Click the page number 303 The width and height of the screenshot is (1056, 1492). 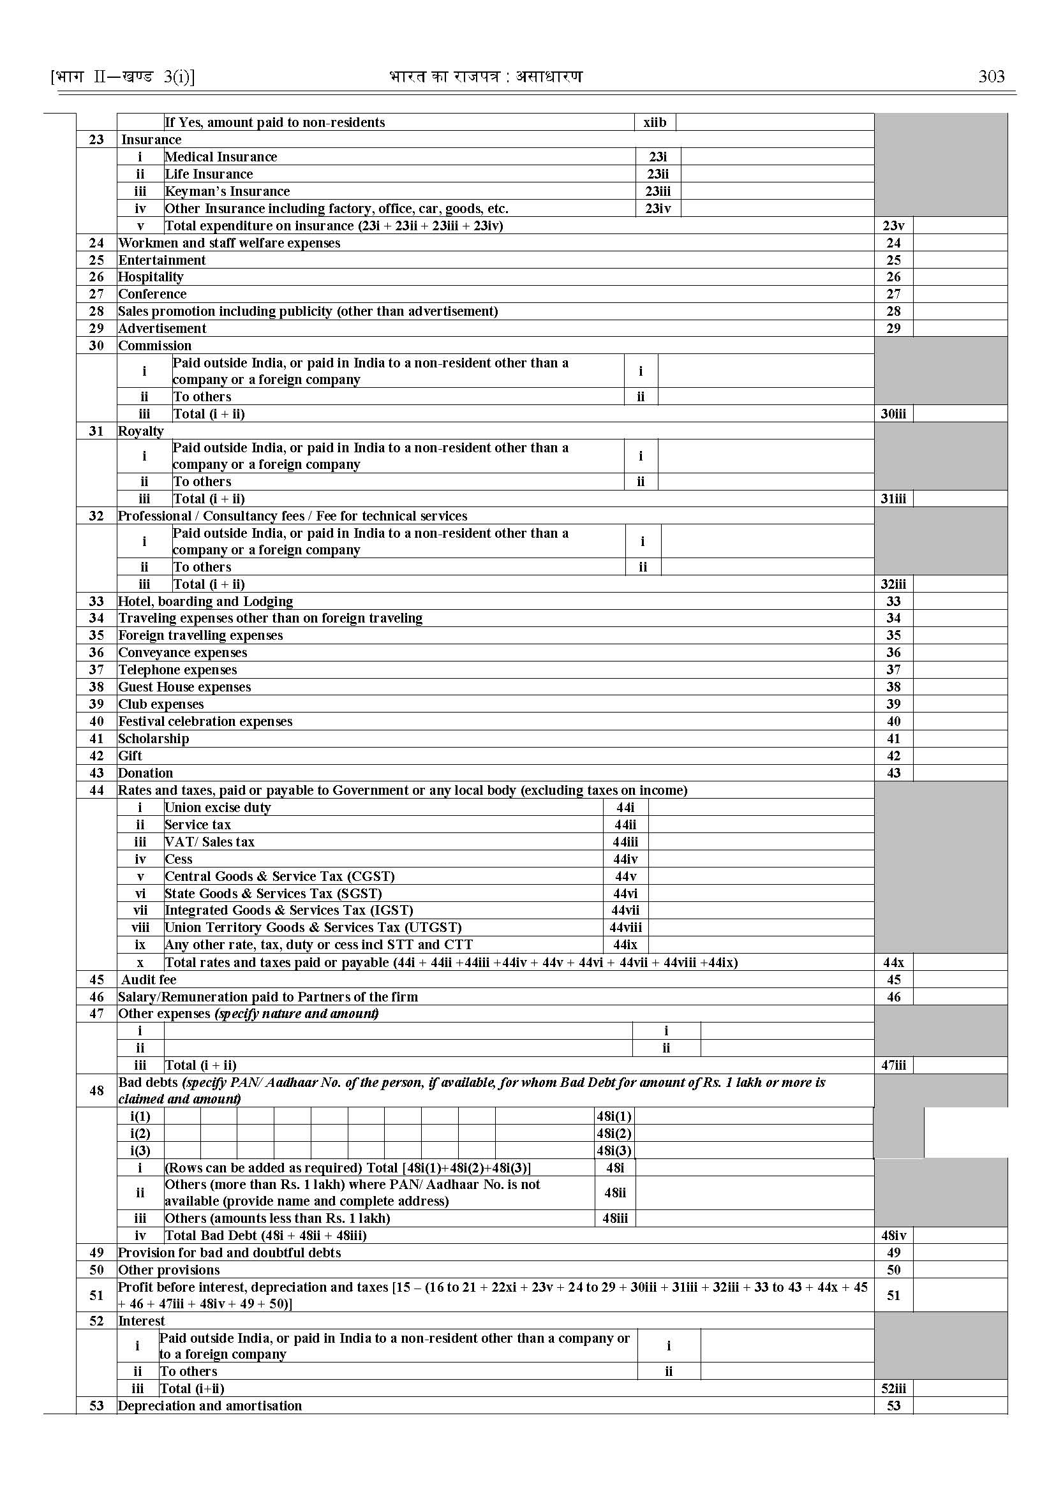click(991, 77)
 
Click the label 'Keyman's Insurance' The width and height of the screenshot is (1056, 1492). click(227, 191)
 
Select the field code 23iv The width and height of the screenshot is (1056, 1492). click(657, 209)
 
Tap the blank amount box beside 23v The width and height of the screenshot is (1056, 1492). click(960, 226)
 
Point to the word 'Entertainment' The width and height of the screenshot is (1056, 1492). click(162, 260)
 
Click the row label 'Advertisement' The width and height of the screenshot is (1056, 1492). click(162, 329)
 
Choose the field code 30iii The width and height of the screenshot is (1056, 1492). click(893, 413)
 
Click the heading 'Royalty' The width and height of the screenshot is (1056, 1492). click(140, 431)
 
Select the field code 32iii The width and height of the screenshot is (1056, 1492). click(893, 584)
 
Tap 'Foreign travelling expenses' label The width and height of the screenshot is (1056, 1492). click(200, 635)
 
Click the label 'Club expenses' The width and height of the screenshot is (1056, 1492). click(161, 704)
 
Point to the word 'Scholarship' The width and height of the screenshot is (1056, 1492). click(154, 739)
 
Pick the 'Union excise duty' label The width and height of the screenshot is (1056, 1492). click(217, 808)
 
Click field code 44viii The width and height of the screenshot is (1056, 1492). click(625, 927)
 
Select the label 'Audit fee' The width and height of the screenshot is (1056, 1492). click(148, 980)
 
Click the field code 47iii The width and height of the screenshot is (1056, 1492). click(893, 1065)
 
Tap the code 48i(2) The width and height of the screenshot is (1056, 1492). click(614, 1133)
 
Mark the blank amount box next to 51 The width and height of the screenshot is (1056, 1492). click(960, 1295)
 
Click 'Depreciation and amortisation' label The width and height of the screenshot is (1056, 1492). click(209, 1405)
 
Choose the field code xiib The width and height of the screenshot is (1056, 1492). click(654, 122)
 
